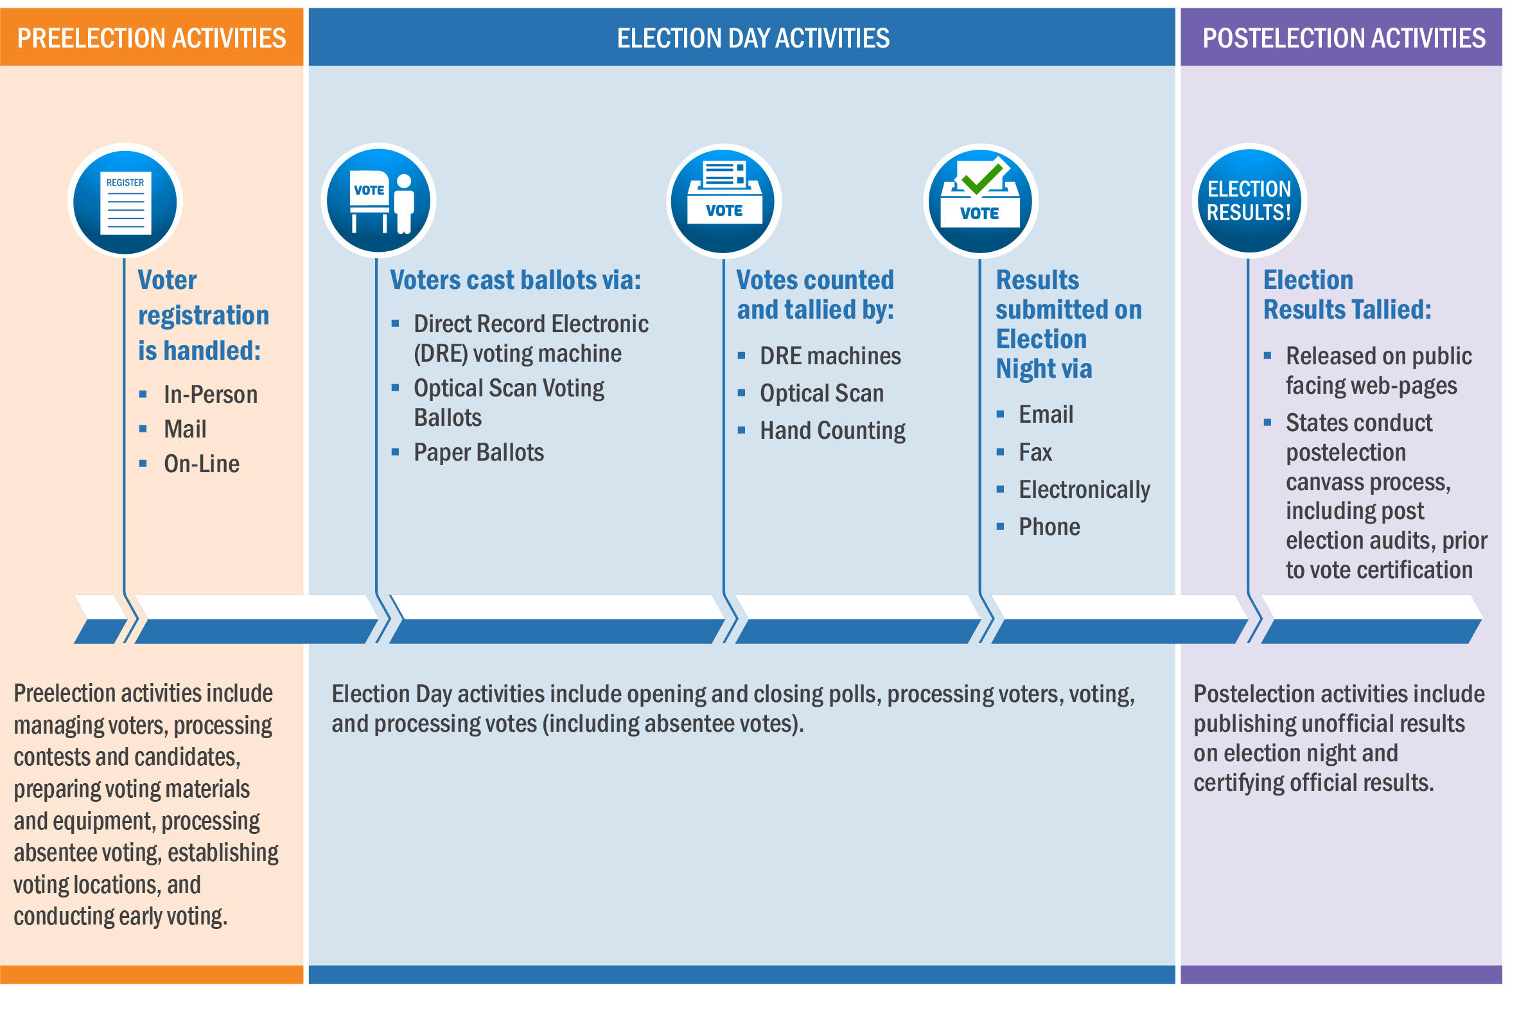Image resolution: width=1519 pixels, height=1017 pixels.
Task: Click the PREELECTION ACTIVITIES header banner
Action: point(152,38)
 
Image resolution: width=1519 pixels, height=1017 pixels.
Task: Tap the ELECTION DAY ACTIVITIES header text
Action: point(753,38)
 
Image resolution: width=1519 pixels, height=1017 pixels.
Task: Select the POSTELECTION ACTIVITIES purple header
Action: point(1343,38)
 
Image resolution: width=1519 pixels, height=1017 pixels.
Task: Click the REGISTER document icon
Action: point(126,202)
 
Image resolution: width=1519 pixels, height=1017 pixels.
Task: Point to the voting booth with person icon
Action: point(381,201)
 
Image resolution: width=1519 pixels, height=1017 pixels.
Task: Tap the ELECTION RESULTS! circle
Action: point(1248,201)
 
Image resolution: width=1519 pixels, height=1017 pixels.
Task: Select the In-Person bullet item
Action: point(210,394)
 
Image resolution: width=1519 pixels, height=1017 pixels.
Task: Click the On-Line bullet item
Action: point(201,464)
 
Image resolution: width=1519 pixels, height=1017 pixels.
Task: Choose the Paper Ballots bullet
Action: point(479,452)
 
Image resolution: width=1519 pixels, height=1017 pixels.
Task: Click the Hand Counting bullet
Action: point(832,430)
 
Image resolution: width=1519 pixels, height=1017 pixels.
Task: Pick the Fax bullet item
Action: point(1035,452)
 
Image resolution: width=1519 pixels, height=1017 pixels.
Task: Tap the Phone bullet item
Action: point(1048,527)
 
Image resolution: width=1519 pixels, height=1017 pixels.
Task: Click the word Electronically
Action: point(1084,490)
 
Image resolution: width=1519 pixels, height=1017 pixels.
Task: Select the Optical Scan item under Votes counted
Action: point(821,393)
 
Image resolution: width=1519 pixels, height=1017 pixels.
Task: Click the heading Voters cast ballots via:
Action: point(514,280)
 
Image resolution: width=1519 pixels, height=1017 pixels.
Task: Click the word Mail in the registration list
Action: point(185,429)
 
